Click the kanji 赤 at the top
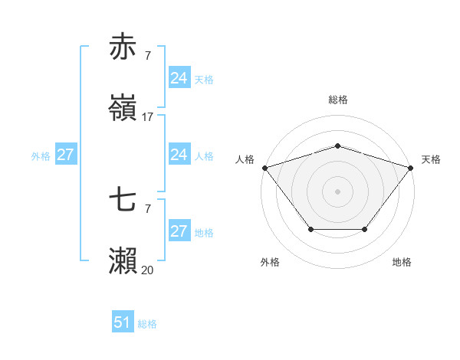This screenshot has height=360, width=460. point(123,47)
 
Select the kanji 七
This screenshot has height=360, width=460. point(123,200)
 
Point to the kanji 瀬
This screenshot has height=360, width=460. point(123,261)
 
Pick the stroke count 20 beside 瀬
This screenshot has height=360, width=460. point(147,270)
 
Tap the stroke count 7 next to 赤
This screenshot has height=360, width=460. point(147,56)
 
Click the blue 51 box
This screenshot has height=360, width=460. point(123,323)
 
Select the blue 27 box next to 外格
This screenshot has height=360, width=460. point(66,155)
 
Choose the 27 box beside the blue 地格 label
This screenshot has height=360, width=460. point(179,231)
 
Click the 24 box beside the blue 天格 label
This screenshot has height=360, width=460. point(179,78)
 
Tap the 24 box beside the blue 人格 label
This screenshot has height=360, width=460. point(179,155)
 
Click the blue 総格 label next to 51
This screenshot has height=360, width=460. point(147,324)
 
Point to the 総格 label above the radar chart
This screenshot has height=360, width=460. point(337,100)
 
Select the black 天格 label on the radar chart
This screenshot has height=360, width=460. point(432,159)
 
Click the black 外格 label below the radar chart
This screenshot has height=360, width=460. point(270,262)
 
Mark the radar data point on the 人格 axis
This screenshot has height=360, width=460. point(264,168)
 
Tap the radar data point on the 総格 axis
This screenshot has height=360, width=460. point(337,146)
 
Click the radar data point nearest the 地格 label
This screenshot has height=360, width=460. point(365,229)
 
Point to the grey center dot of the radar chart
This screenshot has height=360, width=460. point(337,191)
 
